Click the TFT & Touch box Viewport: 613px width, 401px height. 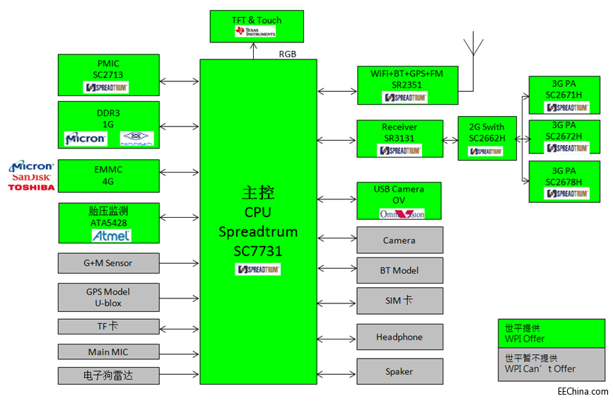point(257,26)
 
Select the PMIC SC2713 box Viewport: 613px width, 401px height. point(108,75)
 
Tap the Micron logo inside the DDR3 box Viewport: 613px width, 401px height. point(85,139)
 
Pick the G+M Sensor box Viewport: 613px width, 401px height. point(108,263)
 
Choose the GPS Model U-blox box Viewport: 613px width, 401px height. point(108,297)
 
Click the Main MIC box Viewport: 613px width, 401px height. point(108,351)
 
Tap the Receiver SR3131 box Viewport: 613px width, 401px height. point(400,138)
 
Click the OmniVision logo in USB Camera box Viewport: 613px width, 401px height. point(400,213)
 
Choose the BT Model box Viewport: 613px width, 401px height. point(399,270)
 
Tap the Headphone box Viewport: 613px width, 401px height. point(399,337)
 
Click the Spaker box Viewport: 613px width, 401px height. point(399,371)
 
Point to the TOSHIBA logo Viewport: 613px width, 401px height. point(31,187)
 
